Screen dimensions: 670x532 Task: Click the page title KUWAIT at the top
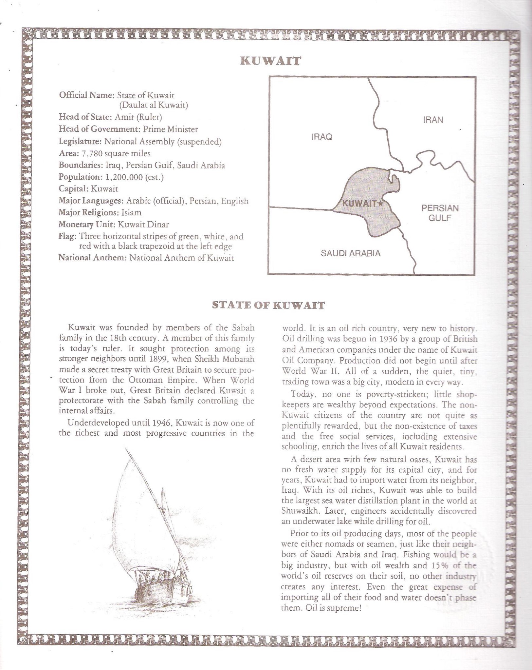pos(270,61)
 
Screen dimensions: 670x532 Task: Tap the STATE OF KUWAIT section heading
pos(268,305)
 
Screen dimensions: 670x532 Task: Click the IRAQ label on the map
pos(322,137)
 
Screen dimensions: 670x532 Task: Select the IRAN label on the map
pos(433,120)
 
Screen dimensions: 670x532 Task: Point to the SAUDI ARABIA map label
pos(350,253)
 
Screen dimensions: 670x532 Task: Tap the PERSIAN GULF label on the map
pos(440,213)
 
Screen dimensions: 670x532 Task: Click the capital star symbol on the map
pos(380,203)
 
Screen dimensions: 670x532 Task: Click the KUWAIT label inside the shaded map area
pos(359,204)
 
